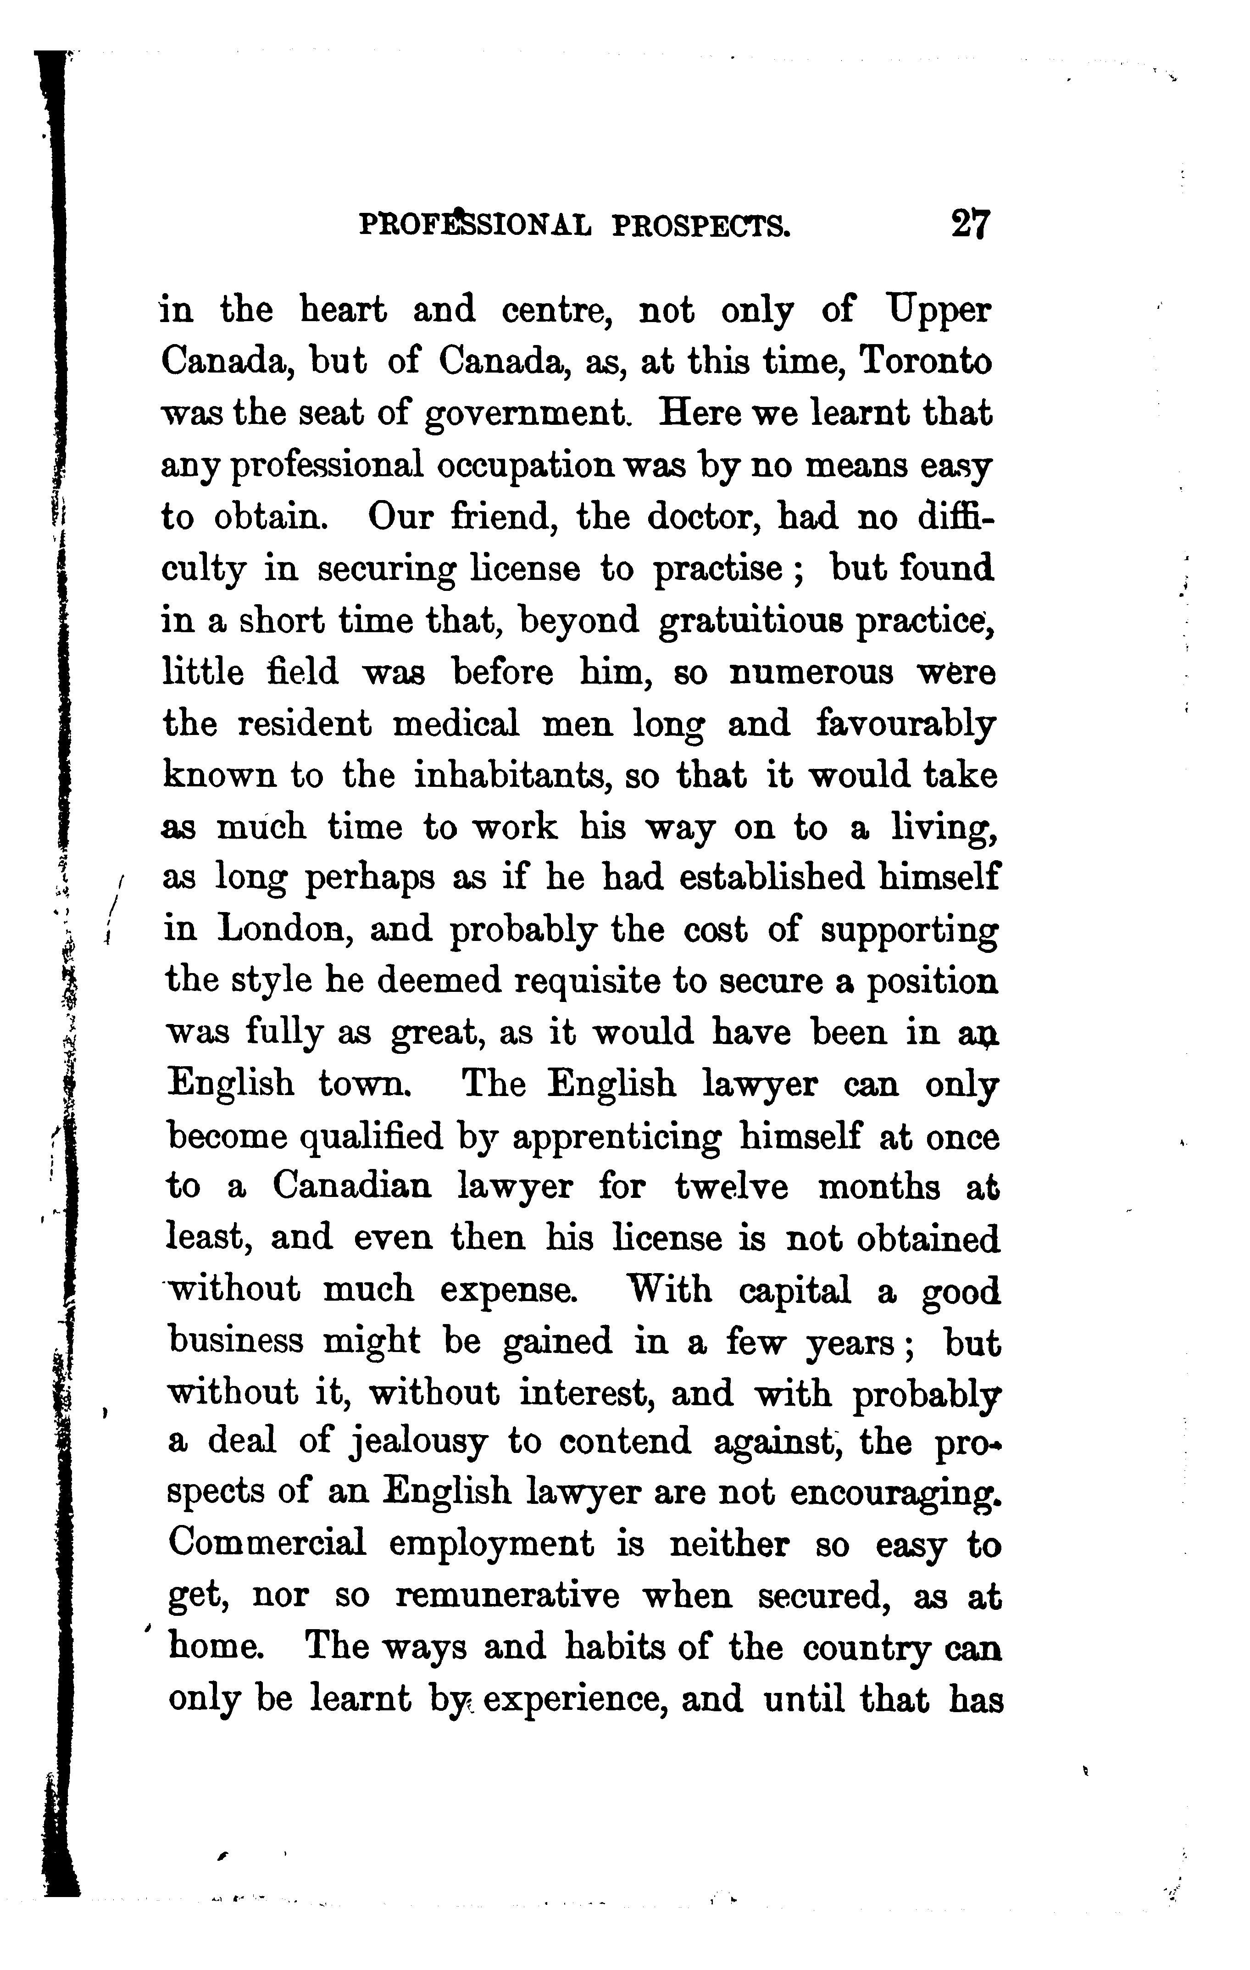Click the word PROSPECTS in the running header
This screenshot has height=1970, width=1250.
[x=701, y=225]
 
